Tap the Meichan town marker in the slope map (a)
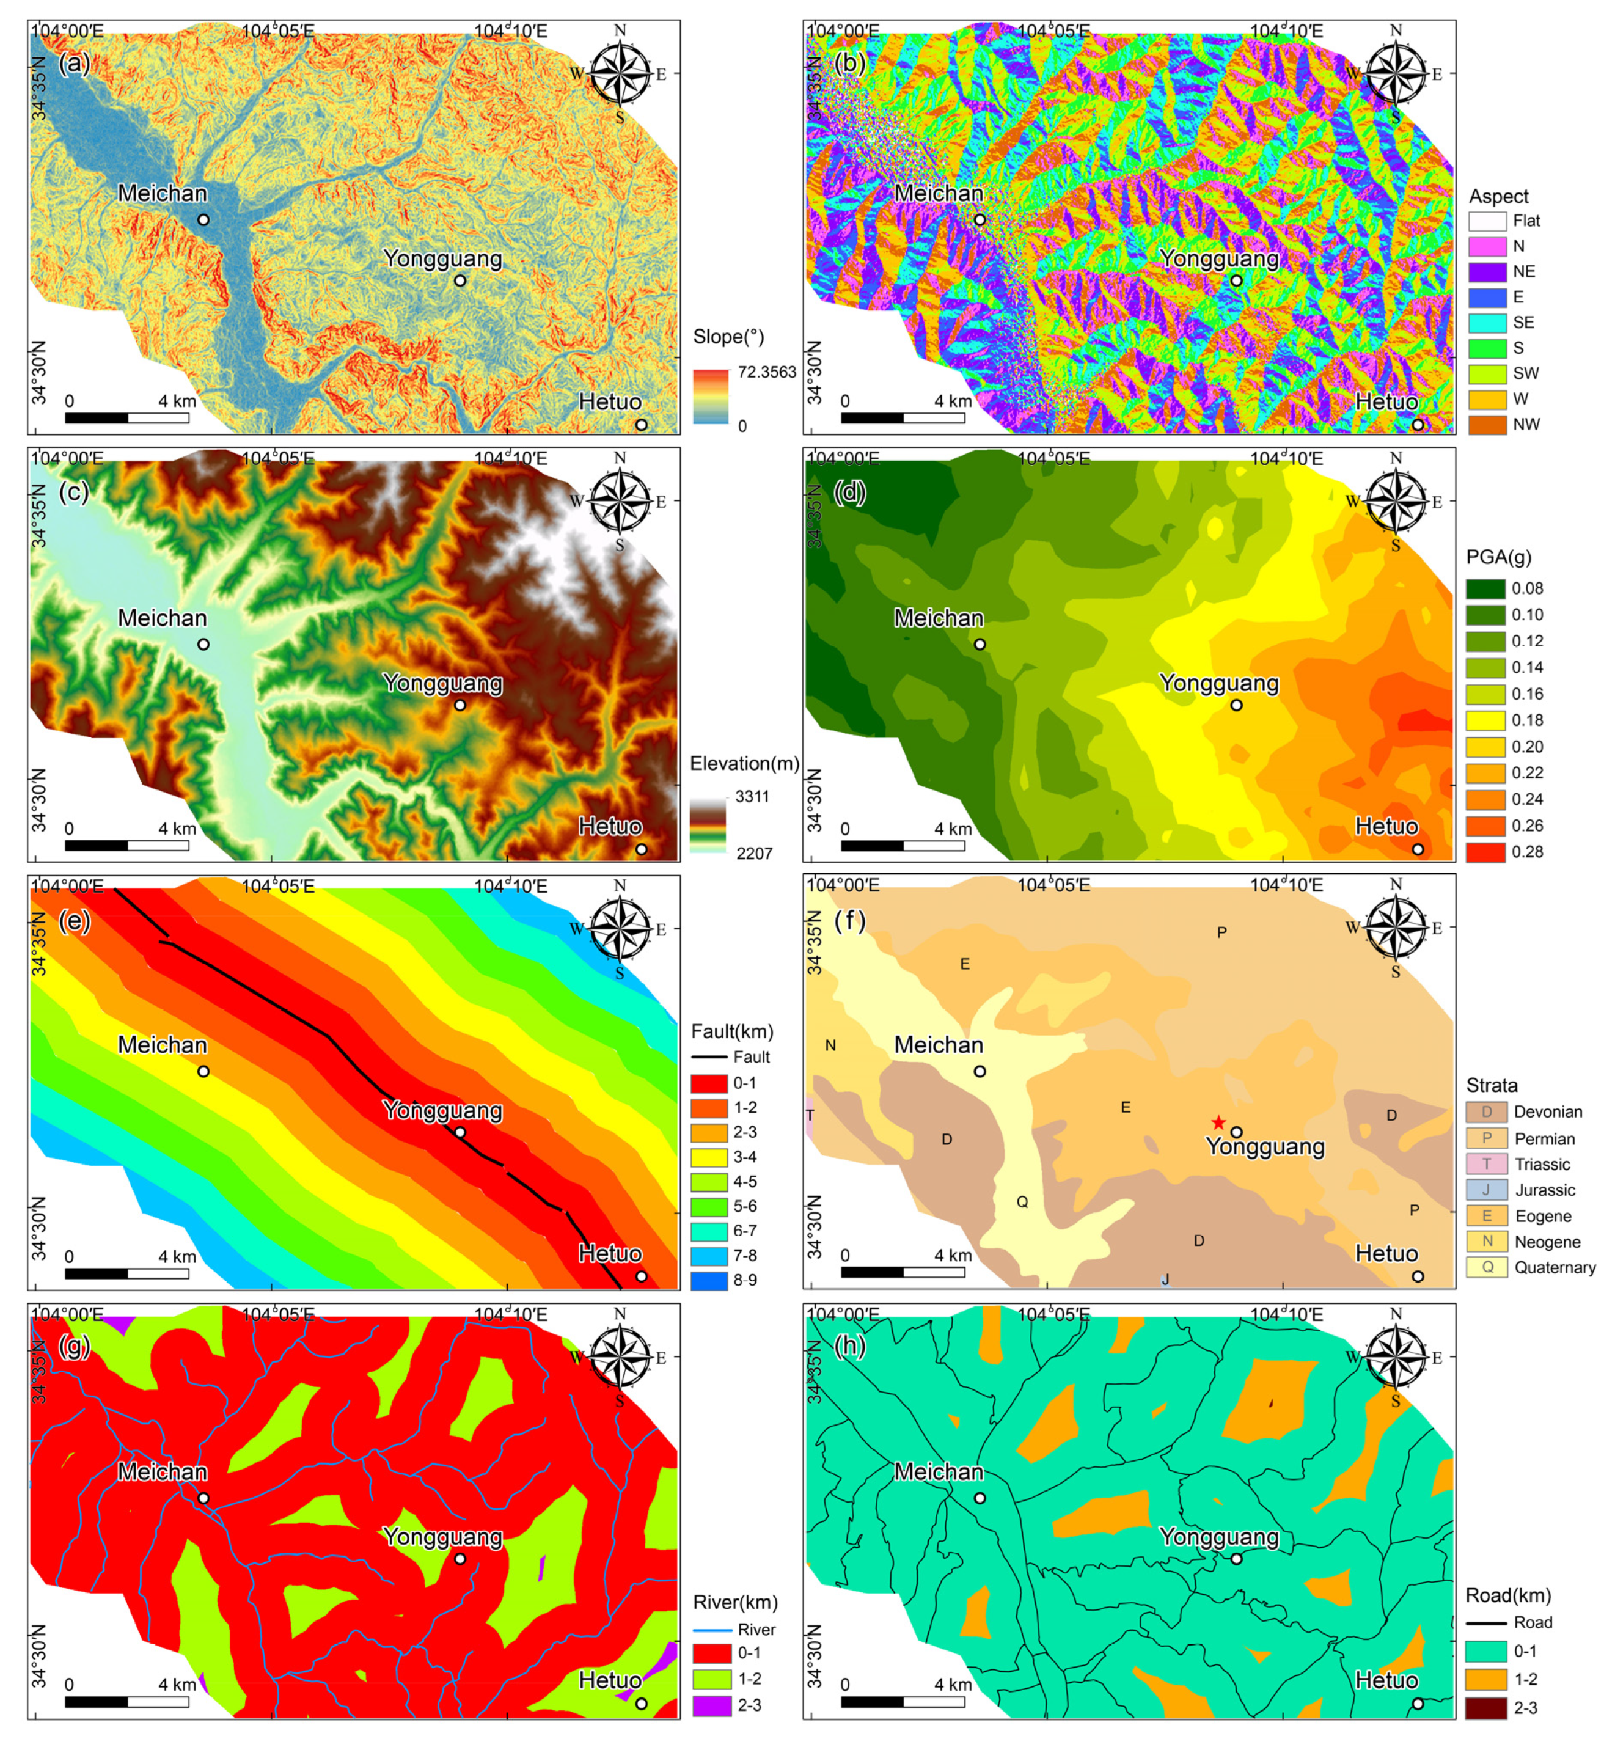[x=203, y=220]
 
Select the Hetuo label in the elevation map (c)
[x=610, y=827]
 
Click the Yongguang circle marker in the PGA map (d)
[x=1237, y=705]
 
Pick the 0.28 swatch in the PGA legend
[x=1485, y=852]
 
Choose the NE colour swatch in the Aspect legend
[x=1487, y=272]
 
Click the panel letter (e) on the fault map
[x=75, y=920]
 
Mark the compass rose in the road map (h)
[x=1396, y=1357]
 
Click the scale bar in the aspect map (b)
[x=903, y=418]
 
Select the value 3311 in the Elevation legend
[x=752, y=796]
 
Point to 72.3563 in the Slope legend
[x=766, y=372]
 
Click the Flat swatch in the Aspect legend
[x=1487, y=221]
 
